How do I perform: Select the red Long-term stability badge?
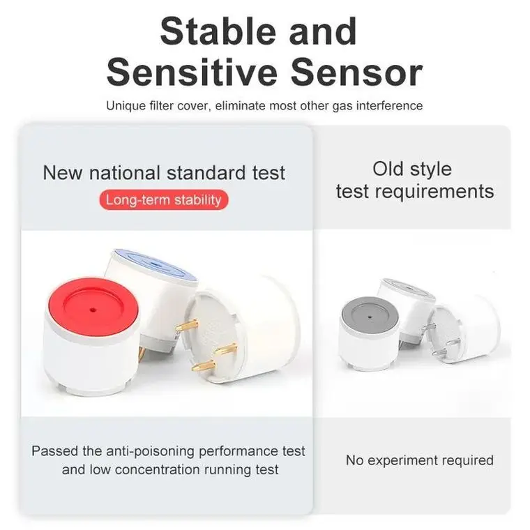click(x=163, y=200)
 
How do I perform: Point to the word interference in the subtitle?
click(x=387, y=106)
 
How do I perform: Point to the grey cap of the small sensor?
click(x=370, y=314)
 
